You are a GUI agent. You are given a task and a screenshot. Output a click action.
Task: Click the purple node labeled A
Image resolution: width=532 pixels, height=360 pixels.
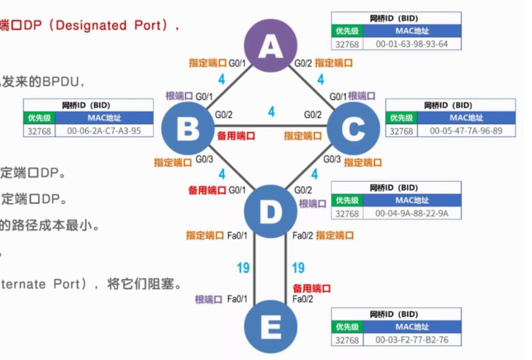(x=270, y=47)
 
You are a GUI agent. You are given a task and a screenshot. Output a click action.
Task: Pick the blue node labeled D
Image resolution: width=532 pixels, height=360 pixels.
(x=270, y=212)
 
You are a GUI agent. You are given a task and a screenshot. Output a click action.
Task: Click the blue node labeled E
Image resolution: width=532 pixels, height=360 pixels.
(x=270, y=326)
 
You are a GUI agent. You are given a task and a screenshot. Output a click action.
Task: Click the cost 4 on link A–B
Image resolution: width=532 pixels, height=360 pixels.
(x=221, y=80)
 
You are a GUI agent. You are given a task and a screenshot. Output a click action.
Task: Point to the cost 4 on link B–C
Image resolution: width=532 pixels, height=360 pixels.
(x=271, y=111)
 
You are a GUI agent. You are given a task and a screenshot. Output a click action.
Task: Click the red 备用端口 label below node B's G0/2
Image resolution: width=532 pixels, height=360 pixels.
(x=235, y=135)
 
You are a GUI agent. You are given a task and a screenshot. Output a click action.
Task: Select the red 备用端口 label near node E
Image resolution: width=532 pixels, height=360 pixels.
(x=312, y=288)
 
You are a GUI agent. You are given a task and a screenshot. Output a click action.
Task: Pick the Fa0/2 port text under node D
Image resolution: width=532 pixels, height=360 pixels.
(x=302, y=235)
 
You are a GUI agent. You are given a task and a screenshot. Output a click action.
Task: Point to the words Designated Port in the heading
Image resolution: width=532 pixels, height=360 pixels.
(x=122, y=26)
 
